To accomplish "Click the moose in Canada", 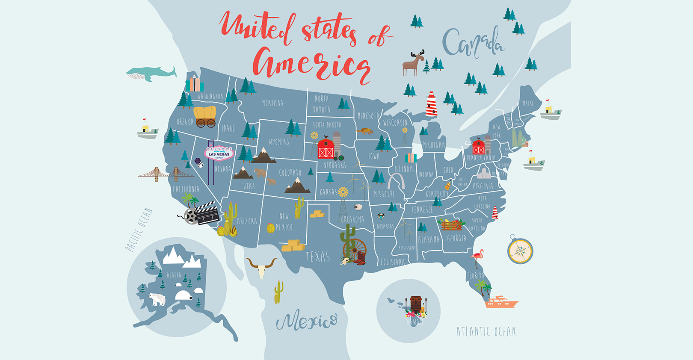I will (x=413, y=63).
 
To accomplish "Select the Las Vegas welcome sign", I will (x=219, y=153).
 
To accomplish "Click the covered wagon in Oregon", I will (x=205, y=116).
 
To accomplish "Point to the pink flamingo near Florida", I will (x=477, y=258).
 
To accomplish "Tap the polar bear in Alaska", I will (x=157, y=299).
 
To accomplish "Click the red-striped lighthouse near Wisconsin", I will (x=431, y=104).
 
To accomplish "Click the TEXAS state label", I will (x=318, y=257).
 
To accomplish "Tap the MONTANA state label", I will (x=272, y=103).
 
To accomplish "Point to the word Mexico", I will (x=306, y=321).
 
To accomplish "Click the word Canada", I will (x=473, y=43).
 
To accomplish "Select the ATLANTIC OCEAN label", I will (x=486, y=332).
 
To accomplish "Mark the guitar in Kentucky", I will (x=447, y=186).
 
